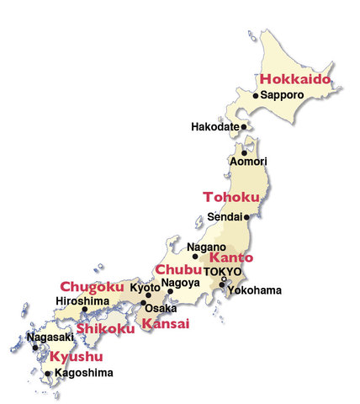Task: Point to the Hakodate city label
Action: coord(214,127)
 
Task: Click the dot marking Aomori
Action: coord(245,153)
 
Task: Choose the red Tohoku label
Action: coord(228,197)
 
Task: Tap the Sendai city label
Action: coord(225,216)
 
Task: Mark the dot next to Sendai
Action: coord(246,216)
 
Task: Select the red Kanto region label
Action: coord(231,258)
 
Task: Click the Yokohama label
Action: coord(255,290)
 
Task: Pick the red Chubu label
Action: coord(177,269)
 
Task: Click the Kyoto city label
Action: coord(144,288)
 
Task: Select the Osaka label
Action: coord(161,308)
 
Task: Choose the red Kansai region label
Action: coord(165,323)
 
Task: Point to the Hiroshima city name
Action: coord(82,300)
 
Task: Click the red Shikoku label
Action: coord(105,328)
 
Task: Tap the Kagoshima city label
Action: coord(82,372)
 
